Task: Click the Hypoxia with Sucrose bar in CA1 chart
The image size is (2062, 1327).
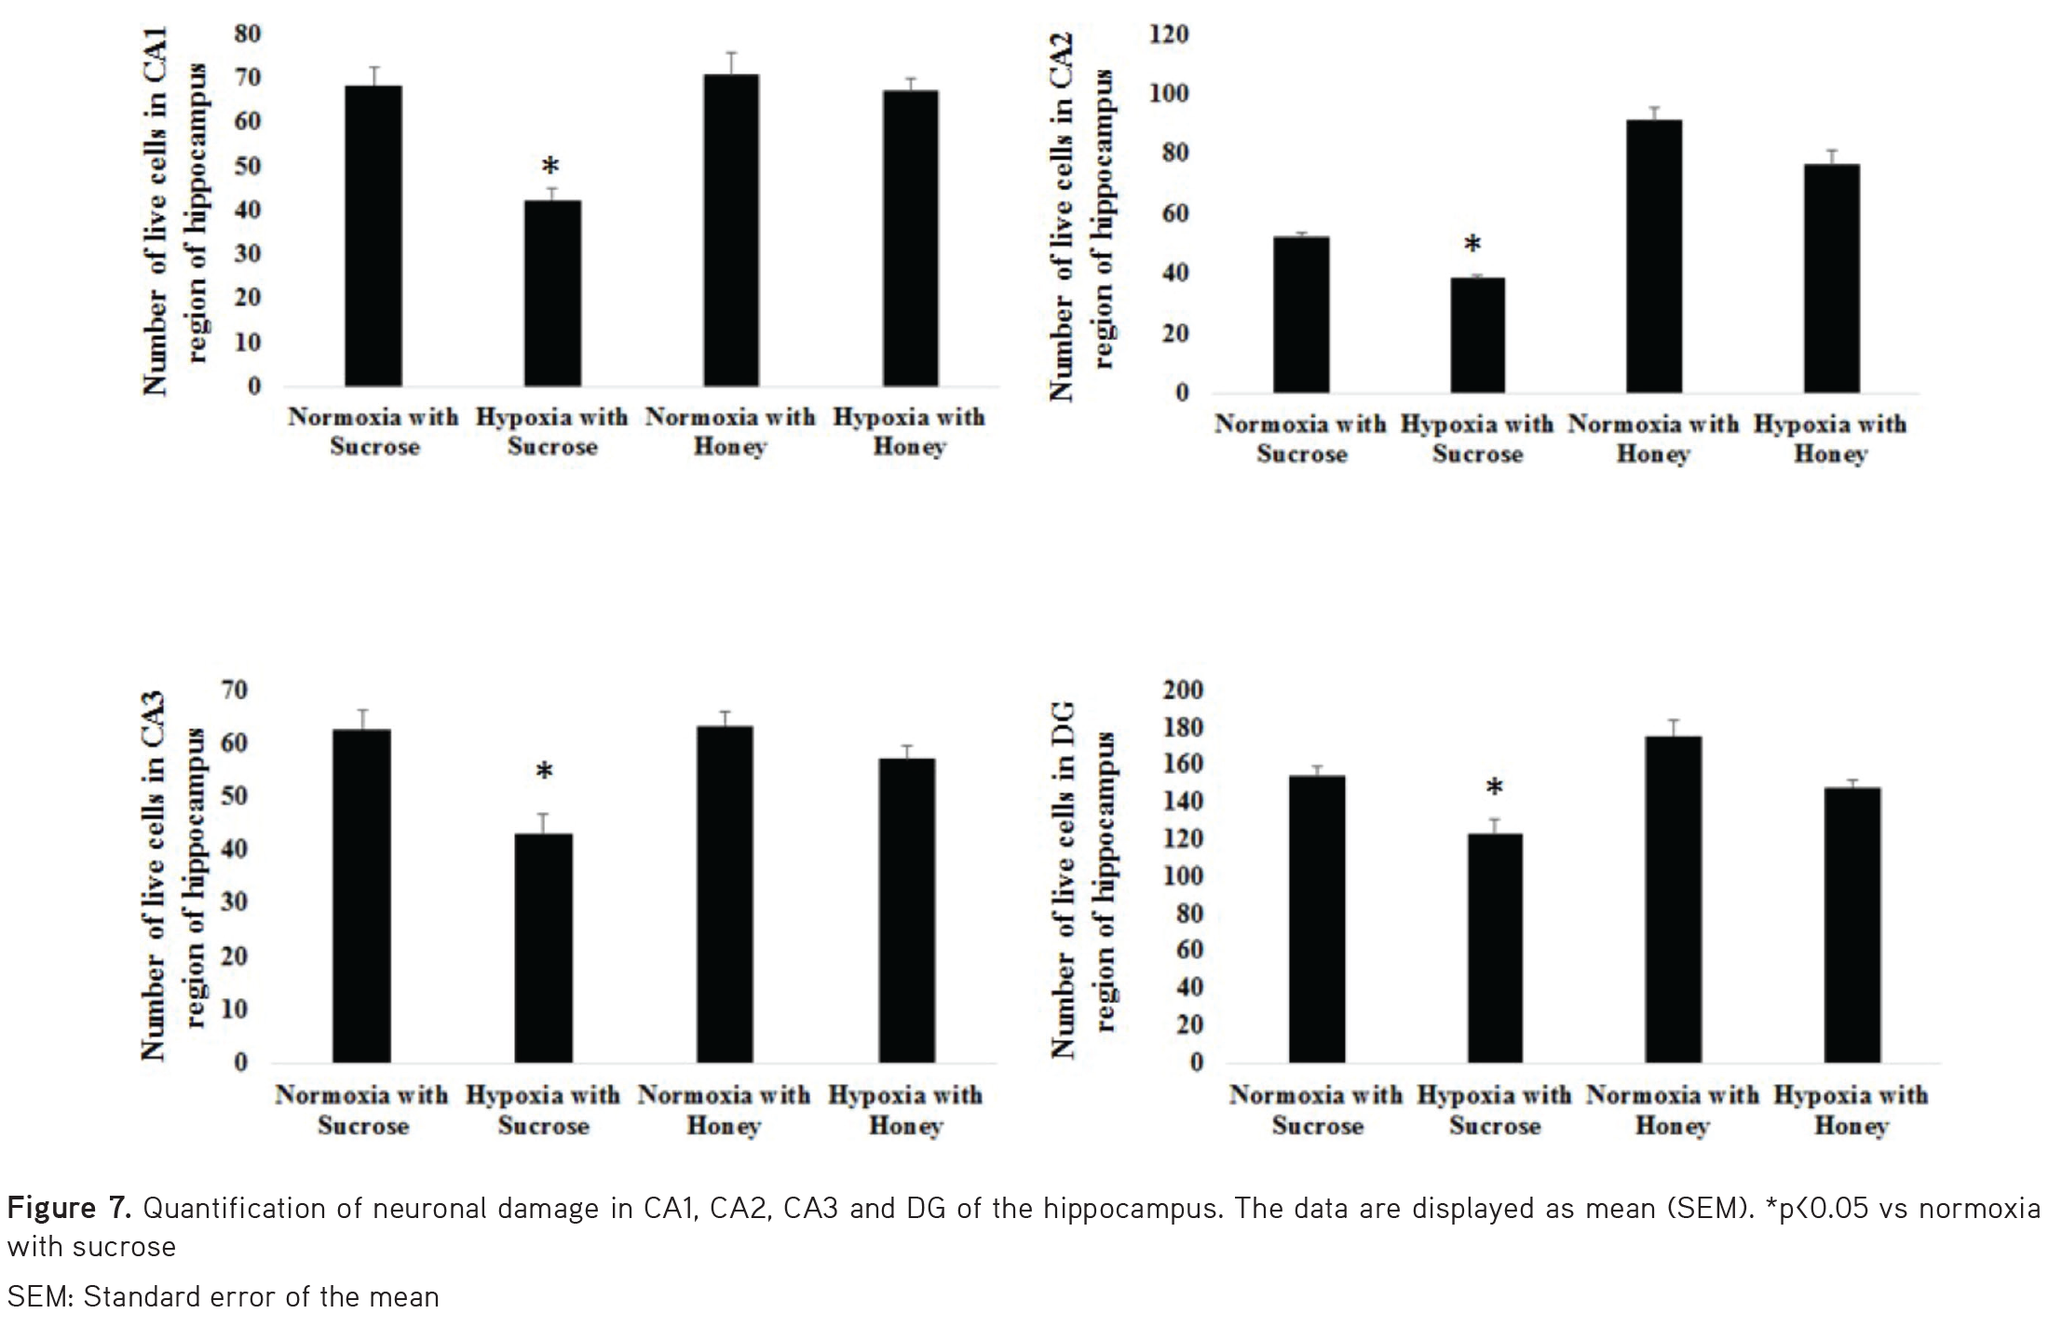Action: click(552, 293)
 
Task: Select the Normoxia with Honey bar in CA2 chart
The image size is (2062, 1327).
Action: click(1654, 256)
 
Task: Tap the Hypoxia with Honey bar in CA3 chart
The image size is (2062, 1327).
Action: click(906, 911)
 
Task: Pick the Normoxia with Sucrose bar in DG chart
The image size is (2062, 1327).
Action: click(1317, 919)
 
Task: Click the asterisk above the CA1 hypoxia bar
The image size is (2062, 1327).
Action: click(550, 168)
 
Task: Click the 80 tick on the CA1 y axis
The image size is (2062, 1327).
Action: click(247, 34)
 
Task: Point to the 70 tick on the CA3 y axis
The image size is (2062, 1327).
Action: click(235, 690)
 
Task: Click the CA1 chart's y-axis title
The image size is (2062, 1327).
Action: click(172, 212)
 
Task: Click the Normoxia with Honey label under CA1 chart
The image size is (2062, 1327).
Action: click(730, 432)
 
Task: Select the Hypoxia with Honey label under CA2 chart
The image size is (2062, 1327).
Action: click(1830, 439)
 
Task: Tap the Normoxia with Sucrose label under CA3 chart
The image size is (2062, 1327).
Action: click(361, 1110)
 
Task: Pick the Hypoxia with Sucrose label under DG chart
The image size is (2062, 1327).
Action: click(1494, 1110)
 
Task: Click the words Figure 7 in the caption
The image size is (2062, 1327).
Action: click(69, 1209)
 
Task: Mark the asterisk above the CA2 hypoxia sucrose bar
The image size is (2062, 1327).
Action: click(1472, 246)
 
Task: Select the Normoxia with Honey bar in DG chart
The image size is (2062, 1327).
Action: click(1673, 900)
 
